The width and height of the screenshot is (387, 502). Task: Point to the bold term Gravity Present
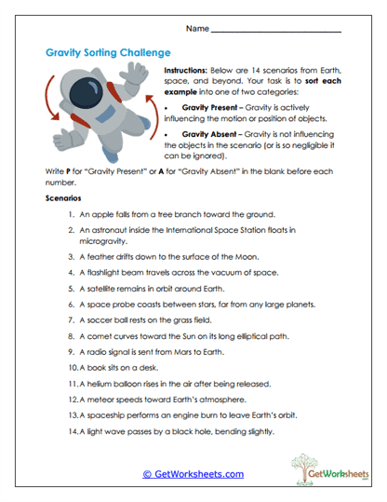209,109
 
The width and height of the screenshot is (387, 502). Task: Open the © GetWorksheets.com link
193,473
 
